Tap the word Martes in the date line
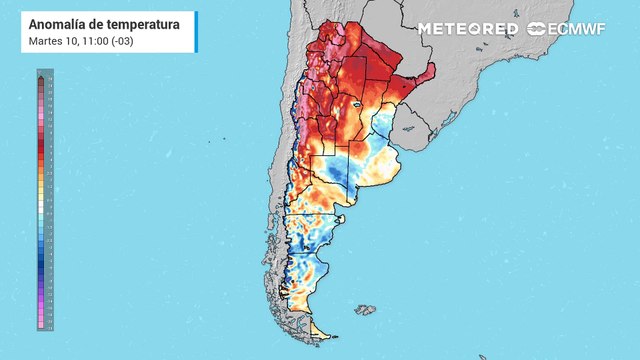pyautogui.click(x=46, y=40)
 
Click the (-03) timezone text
pyautogui.click(x=124, y=40)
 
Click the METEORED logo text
pyautogui.click(x=467, y=29)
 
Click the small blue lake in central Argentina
pyautogui.click(x=355, y=103)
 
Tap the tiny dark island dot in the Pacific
pyautogui.click(x=210, y=140)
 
